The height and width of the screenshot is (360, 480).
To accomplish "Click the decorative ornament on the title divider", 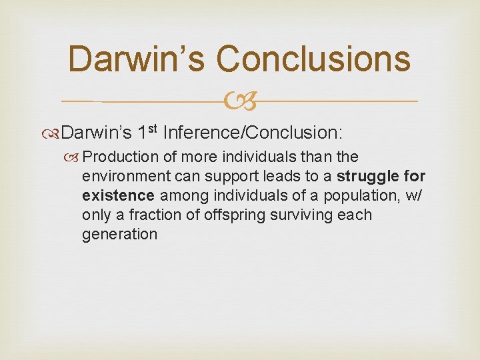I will click(x=241, y=102).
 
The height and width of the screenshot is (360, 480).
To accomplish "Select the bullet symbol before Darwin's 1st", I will click(x=55, y=133).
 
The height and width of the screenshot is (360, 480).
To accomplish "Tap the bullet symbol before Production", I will click(x=75, y=157).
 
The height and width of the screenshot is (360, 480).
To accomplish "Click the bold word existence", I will click(x=118, y=196).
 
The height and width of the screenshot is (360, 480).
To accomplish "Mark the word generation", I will click(x=119, y=235).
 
